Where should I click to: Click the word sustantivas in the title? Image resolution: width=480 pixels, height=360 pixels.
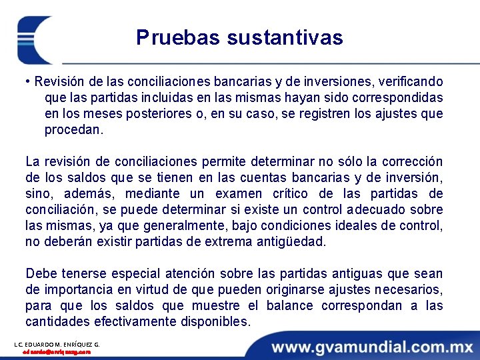point(285,37)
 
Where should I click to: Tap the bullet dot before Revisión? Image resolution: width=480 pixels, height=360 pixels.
point(28,82)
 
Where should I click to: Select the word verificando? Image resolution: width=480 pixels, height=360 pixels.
point(410,82)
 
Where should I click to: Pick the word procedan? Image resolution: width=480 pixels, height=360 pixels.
point(73,130)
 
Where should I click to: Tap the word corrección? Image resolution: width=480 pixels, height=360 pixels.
point(408,162)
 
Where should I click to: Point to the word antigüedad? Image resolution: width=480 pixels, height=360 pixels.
point(291,242)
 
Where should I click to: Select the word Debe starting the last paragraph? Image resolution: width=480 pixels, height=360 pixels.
point(41,274)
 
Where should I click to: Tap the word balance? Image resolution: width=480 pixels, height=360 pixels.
point(289,306)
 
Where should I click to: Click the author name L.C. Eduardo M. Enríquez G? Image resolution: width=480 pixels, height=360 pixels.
point(57,344)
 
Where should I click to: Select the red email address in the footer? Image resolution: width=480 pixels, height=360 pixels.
point(57,352)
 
